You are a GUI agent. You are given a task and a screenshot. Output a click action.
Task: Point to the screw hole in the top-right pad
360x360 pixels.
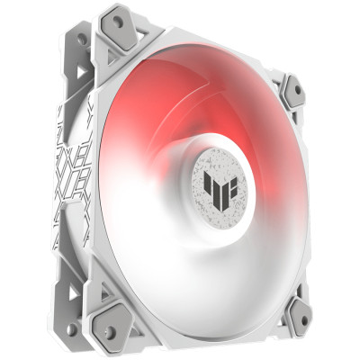(292, 89)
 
